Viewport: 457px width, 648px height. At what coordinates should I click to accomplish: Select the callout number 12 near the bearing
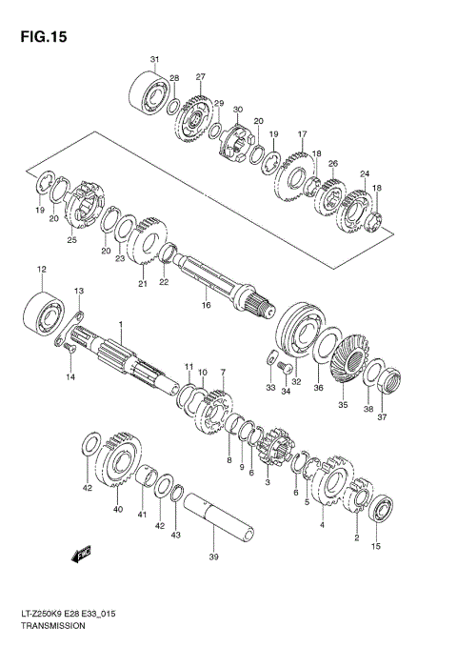(41, 271)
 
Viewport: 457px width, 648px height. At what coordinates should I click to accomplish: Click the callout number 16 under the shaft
(205, 306)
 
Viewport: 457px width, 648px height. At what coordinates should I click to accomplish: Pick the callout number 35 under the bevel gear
(343, 404)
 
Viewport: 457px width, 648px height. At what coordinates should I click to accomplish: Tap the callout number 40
(118, 510)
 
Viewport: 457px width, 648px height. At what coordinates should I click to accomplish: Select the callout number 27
(201, 76)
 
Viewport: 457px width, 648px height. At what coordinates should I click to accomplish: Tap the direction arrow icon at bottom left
(78, 552)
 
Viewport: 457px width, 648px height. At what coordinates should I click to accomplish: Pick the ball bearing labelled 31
(148, 94)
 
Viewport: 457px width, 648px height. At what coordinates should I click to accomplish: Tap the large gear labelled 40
(120, 461)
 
